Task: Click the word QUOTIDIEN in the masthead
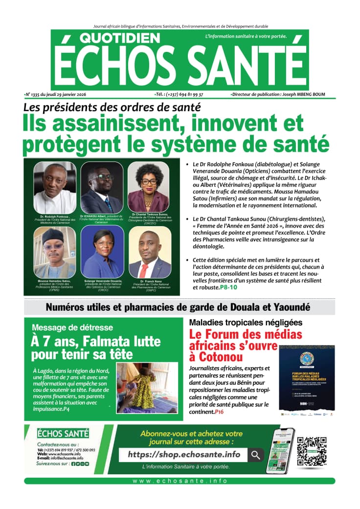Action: (119, 39)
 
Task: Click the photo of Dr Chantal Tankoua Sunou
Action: (149, 187)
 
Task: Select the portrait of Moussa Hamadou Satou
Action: (54, 252)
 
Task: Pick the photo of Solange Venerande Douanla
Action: (102, 252)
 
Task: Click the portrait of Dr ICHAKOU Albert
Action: (102, 187)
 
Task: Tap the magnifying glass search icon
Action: (255, 455)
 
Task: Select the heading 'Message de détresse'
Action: (72, 327)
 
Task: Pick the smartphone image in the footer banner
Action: (280, 450)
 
